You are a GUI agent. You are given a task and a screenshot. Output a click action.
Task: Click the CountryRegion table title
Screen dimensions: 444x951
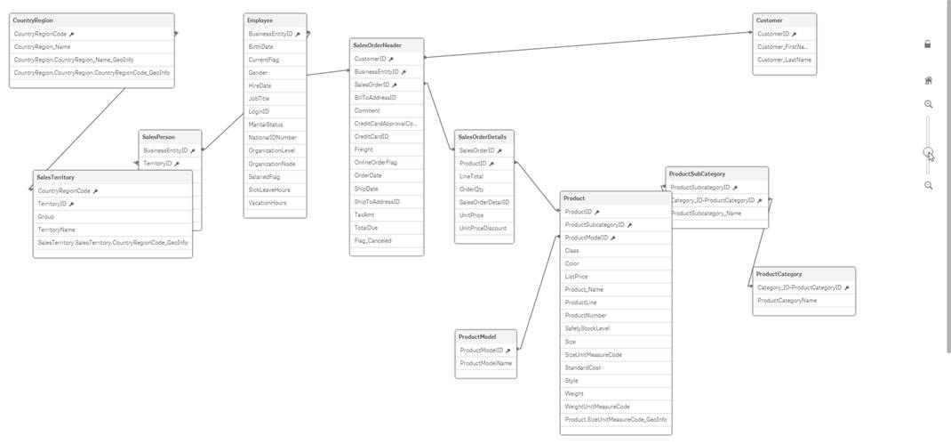pos(33,20)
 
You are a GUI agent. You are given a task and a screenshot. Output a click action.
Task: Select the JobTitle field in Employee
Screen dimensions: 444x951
pos(260,99)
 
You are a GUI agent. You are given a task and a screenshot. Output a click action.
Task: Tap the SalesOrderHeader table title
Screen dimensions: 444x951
pos(377,45)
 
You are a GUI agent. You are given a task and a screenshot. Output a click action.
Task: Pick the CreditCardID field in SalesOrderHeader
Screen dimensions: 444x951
pos(371,137)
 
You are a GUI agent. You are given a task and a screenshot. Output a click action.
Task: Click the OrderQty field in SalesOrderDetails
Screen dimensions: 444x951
pos(471,190)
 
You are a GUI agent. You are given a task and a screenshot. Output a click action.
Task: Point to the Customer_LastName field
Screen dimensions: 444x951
pos(783,60)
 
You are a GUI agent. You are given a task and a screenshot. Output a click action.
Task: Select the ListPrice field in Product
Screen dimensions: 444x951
pos(576,277)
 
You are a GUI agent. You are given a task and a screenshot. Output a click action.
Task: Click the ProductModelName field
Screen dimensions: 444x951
pos(485,363)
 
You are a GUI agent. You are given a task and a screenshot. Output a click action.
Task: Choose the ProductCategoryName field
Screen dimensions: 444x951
pos(787,301)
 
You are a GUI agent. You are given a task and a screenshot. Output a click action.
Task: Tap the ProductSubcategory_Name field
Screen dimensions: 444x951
pos(706,214)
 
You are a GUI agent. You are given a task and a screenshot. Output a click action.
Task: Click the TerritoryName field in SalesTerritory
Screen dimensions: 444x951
pos(56,230)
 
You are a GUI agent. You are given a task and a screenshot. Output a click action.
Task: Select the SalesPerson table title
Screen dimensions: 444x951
pos(159,138)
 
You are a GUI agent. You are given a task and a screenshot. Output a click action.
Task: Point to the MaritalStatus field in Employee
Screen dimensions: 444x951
pos(266,125)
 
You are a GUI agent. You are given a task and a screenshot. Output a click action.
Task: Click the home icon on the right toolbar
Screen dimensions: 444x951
pos(928,80)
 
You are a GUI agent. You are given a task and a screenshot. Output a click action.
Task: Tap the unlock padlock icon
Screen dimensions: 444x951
pos(928,44)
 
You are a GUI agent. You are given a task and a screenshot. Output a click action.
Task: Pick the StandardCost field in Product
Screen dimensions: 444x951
pos(582,367)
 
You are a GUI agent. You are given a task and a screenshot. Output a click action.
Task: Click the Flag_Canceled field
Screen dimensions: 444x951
pos(372,240)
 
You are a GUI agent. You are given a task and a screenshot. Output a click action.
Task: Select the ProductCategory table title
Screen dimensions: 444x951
pos(779,274)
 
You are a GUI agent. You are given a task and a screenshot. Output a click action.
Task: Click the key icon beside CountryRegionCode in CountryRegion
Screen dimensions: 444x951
pos(72,34)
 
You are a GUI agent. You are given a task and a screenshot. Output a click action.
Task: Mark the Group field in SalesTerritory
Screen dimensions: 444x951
pos(45,216)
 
